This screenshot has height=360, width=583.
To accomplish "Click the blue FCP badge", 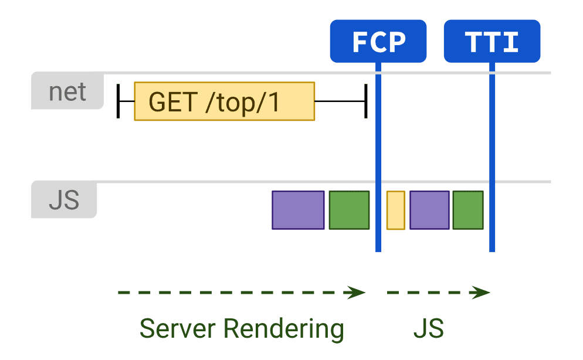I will click(x=378, y=42).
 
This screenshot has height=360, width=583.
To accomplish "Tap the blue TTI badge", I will click(x=492, y=42).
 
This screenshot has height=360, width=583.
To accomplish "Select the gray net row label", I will click(x=67, y=91).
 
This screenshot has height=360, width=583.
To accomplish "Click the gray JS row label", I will click(x=64, y=200).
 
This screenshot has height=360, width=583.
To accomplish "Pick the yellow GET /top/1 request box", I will click(x=225, y=101).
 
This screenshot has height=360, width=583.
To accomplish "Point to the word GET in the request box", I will click(x=172, y=101).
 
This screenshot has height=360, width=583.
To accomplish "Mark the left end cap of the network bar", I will click(x=118, y=101).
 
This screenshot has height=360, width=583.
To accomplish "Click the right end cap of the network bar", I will click(x=366, y=101).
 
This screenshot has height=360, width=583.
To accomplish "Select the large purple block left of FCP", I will click(x=298, y=210).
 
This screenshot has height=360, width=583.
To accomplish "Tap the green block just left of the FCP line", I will click(x=349, y=210).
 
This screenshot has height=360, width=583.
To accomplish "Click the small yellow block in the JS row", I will click(x=396, y=210).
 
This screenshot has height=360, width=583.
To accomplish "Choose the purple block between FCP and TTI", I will click(x=429, y=210).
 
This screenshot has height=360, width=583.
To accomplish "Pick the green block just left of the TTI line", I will click(x=467, y=210).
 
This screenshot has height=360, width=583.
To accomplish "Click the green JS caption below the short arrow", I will click(x=429, y=328).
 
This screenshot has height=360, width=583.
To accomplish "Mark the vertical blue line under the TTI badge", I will click(x=492, y=176).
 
